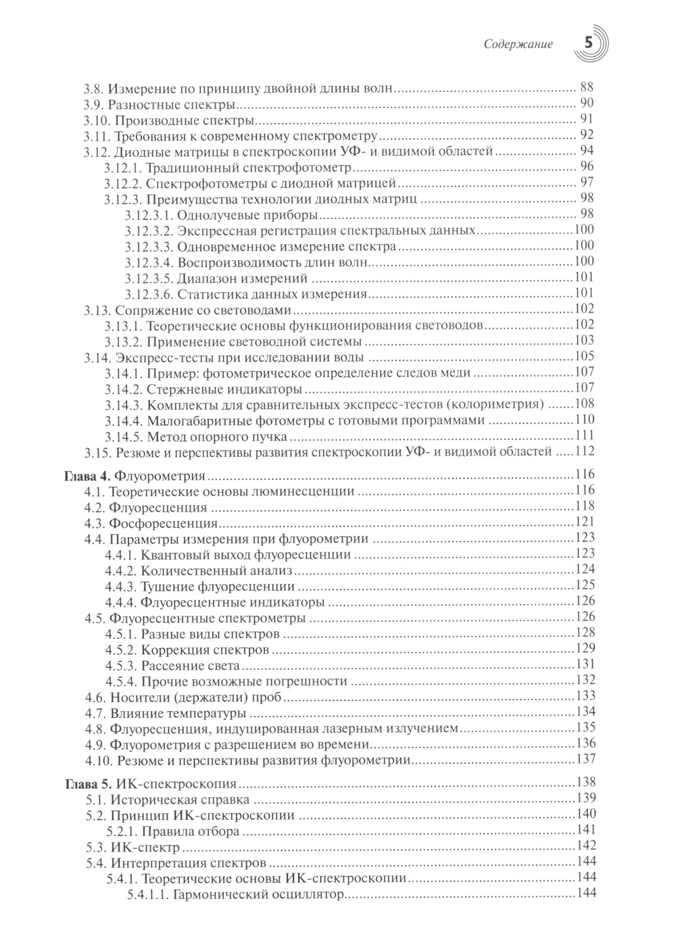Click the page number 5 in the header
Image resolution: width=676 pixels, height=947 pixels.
pos(587,43)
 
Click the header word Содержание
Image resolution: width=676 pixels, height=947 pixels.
pos(519,45)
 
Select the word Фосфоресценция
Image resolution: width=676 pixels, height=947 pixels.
pos(163,523)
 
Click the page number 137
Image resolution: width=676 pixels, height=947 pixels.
pos(584,760)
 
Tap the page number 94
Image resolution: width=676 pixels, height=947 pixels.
pos(587,151)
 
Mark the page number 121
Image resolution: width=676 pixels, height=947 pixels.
pos(584,523)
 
